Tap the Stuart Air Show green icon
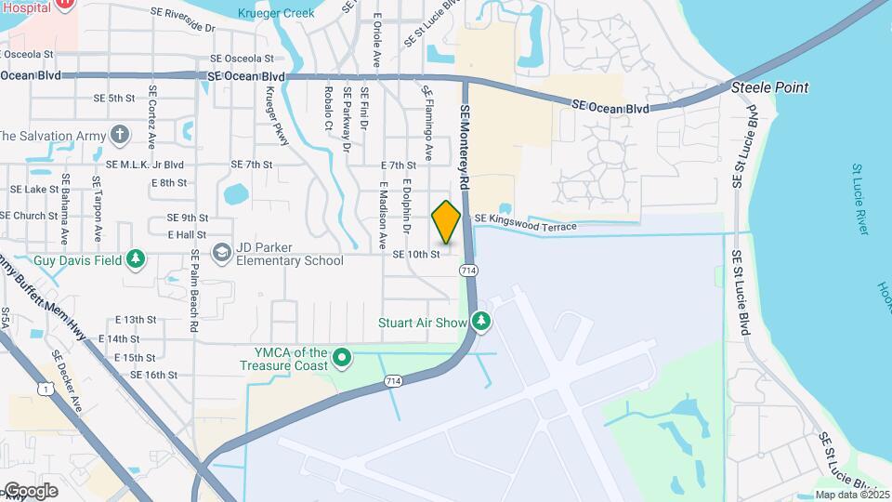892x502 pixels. coord(480,323)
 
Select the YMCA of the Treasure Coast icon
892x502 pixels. coord(342,357)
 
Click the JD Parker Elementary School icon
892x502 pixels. coord(221,253)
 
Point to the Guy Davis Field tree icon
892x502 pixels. coord(136,258)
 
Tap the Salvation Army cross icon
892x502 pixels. coord(119,136)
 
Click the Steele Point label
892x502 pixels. coord(769,87)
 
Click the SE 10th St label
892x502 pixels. coord(415,254)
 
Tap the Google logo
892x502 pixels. coord(30,490)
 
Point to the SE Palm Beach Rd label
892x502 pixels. coord(194,290)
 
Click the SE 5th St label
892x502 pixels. coord(114,99)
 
